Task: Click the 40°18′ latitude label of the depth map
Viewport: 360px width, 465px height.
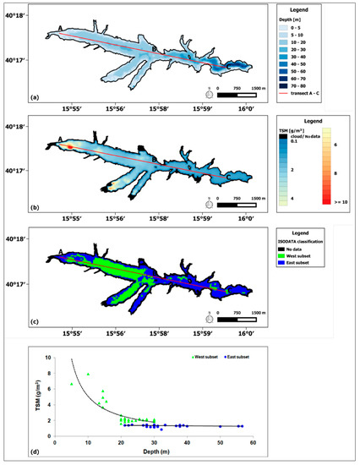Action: (14, 16)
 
